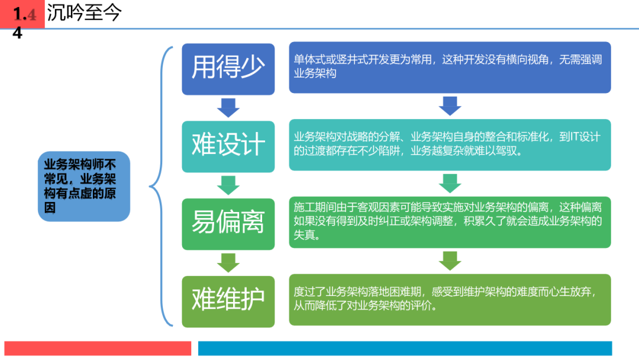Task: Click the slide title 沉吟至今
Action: tap(84, 12)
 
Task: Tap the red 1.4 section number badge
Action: tap(22, 14)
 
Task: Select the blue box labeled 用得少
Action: tap(228, 69)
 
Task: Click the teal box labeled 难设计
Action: tap(228, 146)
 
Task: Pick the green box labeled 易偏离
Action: tap(228, 224)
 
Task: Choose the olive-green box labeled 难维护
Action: tap(228, 301)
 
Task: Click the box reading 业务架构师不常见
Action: tap(84, 187)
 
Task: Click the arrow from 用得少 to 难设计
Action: tap(228, 108)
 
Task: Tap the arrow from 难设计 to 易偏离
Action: tap(228, 185)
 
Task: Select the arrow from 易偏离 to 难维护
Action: tap(228, 262)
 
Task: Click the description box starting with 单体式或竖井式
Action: tap(450, 67)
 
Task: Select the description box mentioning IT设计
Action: tap(450, 144)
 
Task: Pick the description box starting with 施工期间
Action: tap(450, 222)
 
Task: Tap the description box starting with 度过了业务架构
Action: tap(450, 300)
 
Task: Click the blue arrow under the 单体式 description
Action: tap(450, 106)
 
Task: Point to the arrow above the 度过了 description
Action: tap(450, 261)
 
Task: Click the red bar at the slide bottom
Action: tap(98, 349)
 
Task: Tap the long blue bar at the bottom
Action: tap(405, 349)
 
